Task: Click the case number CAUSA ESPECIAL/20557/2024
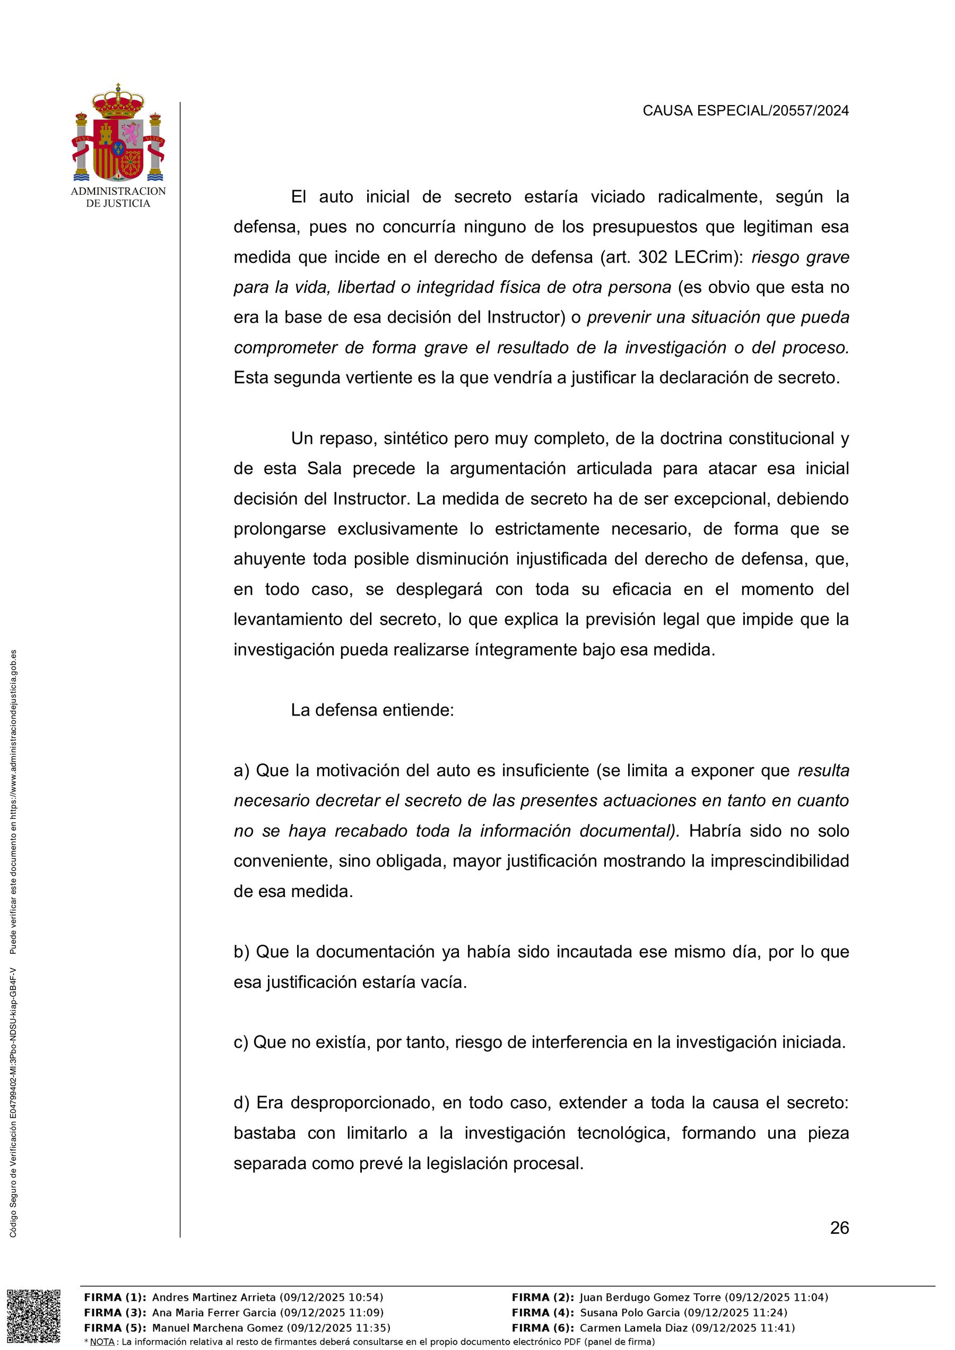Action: pos(745,110)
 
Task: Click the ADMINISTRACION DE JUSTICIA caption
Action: pos(118,197)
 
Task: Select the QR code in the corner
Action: pos(33,1316)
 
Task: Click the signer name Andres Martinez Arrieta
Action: pos(213,1297)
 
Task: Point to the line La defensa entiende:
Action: pos(372,710)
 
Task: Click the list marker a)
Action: pos(242,770)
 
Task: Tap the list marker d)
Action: pos(242,1102)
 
